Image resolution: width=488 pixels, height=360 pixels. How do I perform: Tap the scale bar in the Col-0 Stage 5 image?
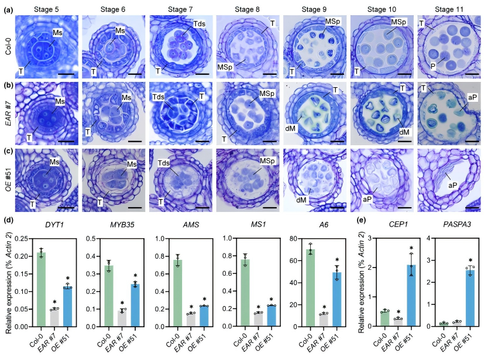[66, 74]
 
